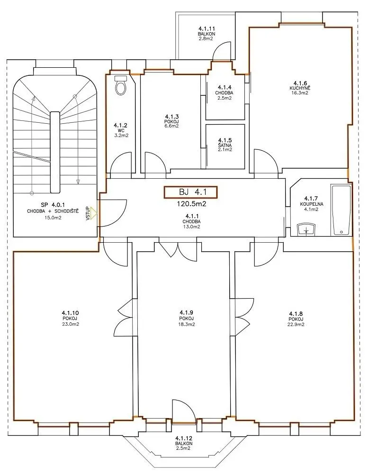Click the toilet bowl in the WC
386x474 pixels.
pos(121,85)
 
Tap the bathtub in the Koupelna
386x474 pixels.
pos(341,210)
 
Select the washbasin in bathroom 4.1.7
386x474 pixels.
pos(306,229)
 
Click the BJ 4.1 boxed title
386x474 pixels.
pos(190,192)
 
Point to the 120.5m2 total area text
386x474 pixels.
pos(191,204)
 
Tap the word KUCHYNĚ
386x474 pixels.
pos(300,88)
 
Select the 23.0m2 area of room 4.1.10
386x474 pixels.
pos(71,324)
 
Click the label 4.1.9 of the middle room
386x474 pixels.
pos(186,312)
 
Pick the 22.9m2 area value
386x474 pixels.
pos(296,324)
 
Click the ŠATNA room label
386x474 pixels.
pos(224,145)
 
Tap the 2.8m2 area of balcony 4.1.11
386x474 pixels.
pos(206,39)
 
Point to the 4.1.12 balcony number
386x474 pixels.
pos(184,438)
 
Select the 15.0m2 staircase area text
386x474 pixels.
pos(53,218)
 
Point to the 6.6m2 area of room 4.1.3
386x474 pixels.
pos(172,126)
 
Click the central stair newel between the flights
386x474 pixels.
pos(54,152)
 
